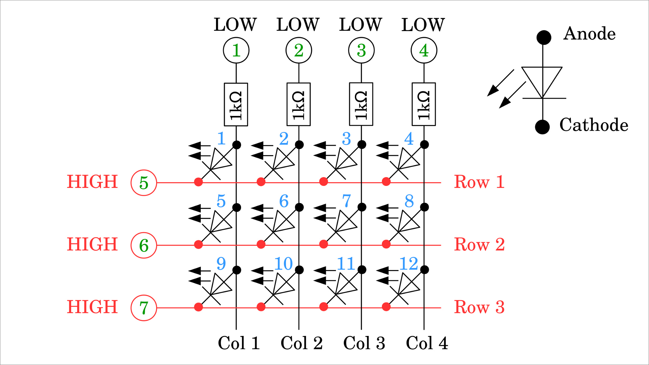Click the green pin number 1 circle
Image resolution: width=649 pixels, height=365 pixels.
pyautogui.click(x=236, y=50)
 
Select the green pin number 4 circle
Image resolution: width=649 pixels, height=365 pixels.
pyautogui.click(x=424, y=50)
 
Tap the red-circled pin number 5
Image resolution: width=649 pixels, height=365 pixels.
pyautogui.click(x=144, y=183)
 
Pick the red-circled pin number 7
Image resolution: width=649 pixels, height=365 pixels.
pyautogui.click(x=144, y=308)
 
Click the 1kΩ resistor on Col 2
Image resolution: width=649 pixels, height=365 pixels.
pyautogui.click(x=298, y=104)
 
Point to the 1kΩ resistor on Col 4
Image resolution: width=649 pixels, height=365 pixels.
pyautogui.click(x=424, y=104)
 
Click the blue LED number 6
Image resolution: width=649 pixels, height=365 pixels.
pyautogui.click(x=284, y=201)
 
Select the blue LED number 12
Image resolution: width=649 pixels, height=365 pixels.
pyautogui.click(x=409, y=264)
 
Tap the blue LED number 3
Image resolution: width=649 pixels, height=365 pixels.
pyautogui.click(x=346, y=139)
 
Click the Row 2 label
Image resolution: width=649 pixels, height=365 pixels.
pyautogui.click(x=479, y=244)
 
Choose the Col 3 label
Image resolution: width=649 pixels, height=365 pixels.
pyautogui.click(x=364, y=343)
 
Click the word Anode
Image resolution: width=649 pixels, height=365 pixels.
pyautogui.click(x=589, y=34)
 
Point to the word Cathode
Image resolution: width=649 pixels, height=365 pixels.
pyautogui.click(x=594, y=125)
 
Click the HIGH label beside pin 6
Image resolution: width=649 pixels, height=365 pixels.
pyautogui.click(x=92, y=244)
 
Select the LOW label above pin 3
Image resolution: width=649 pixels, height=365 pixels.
pyautogui.click(x=361, y=25)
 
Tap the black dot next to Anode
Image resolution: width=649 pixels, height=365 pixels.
pyautogui.click(x=544, y=37)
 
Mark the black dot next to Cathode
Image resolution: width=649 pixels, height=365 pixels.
pyautogui.click(x=542, y=127)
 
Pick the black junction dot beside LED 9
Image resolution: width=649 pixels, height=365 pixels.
pyautogui.click(x=237, y=270)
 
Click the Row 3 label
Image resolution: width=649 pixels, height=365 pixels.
pyautogui.click(x=479, y=307)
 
